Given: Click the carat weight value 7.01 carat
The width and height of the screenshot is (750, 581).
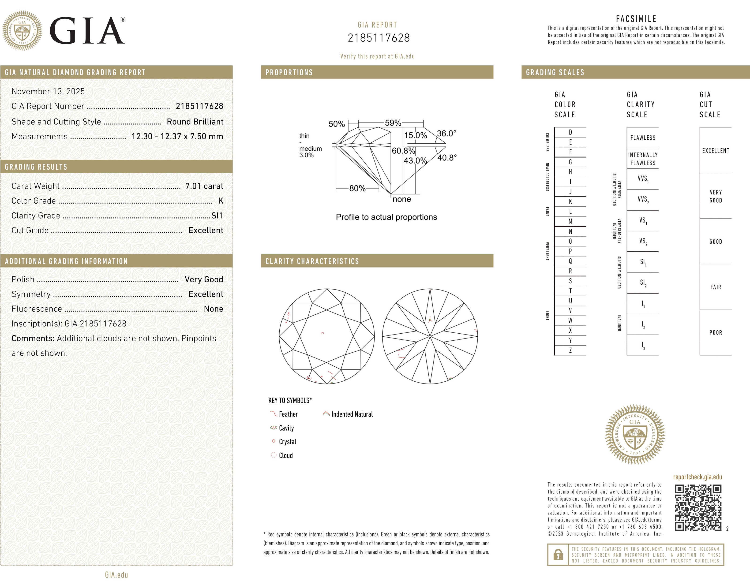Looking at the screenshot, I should (204, 186).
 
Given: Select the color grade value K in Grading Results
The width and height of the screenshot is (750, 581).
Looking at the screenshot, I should (221, 201).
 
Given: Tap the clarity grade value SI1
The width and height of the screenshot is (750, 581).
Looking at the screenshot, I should (217, 216).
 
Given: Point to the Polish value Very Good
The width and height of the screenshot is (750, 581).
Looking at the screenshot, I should (204, 279).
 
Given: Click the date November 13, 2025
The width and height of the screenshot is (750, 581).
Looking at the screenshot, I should (48, 91).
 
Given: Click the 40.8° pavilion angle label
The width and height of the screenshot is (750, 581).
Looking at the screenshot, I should (447, 157).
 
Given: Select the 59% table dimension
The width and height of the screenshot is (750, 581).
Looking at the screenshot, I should (393, 123).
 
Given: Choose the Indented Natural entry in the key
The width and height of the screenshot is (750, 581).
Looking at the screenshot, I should (352, 414).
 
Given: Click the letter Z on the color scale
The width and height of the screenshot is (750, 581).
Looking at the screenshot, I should (570, 350).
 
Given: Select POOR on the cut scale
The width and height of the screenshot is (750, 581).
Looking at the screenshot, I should (715, 332).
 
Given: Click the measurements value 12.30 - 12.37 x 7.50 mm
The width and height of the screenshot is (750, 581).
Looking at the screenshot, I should (177, 136).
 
